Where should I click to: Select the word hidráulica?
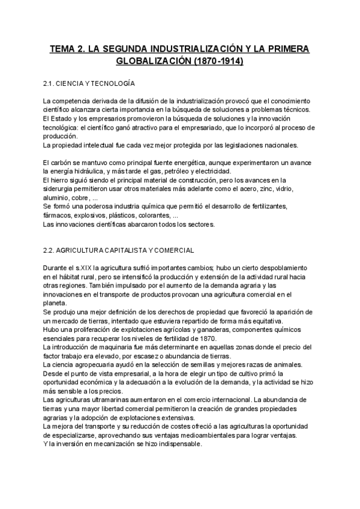click(x=100, y=172)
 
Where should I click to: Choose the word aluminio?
click(x=56, y=197)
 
